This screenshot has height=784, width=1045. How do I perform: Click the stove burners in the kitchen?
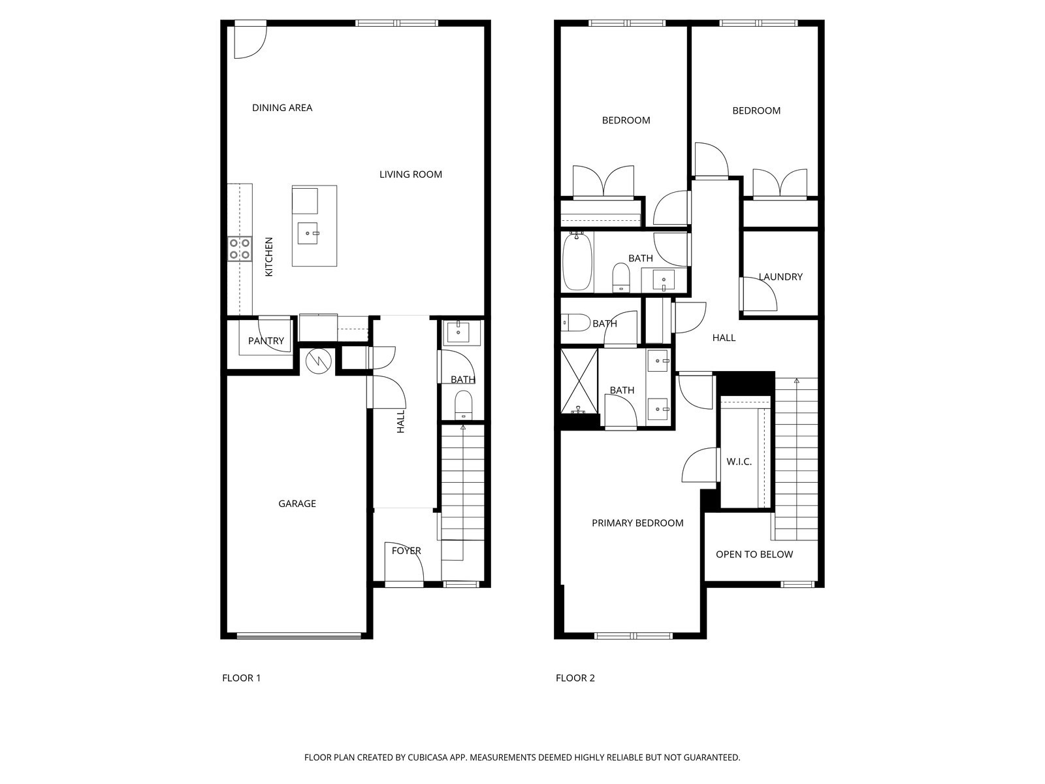click(240, 249)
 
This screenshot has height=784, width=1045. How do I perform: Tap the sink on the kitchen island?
click(308, 233)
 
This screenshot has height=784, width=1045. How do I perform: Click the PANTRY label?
click(266, 341)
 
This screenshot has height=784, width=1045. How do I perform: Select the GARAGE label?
click(297, 504)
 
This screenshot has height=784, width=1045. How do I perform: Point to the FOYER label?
click(406, 551)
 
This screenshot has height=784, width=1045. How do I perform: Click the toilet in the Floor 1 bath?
click(463, 404)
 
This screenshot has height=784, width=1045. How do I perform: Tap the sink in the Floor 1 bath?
click(461, 332)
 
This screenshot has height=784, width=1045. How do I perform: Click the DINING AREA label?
click(282, 108)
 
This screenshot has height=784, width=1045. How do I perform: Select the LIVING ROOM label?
click(411, 174)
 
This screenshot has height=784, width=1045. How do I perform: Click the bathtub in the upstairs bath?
click(577, 261)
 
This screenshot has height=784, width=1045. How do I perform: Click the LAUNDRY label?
click(780, 277)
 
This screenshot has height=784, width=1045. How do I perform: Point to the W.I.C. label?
click(739, 462)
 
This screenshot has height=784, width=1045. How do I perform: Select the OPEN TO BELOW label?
click(754, 555)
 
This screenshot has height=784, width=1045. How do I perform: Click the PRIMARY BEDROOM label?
click(637, 523)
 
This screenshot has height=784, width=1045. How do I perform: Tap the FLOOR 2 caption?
click(575, 678)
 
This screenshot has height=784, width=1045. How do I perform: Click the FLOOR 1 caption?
click(242, 678)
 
